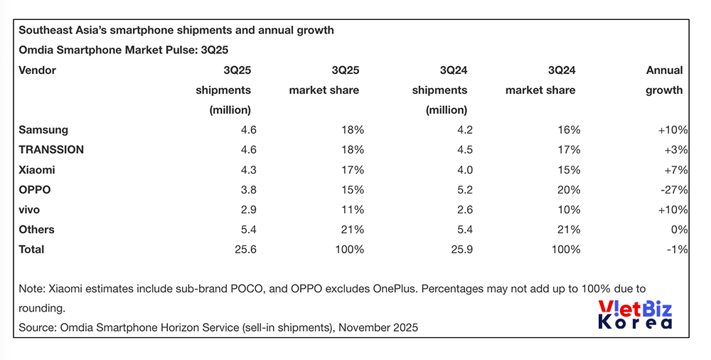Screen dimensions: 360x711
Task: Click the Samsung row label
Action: [43, 130]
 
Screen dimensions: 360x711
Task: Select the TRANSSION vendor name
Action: [51, 150]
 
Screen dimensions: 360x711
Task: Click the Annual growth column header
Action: [664, 80]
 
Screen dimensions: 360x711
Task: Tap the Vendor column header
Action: [37, 70]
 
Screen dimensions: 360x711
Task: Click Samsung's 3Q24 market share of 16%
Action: [569, 130]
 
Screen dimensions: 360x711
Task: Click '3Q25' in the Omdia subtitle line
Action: [213, 50]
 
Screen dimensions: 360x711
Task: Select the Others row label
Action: [36, 230]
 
